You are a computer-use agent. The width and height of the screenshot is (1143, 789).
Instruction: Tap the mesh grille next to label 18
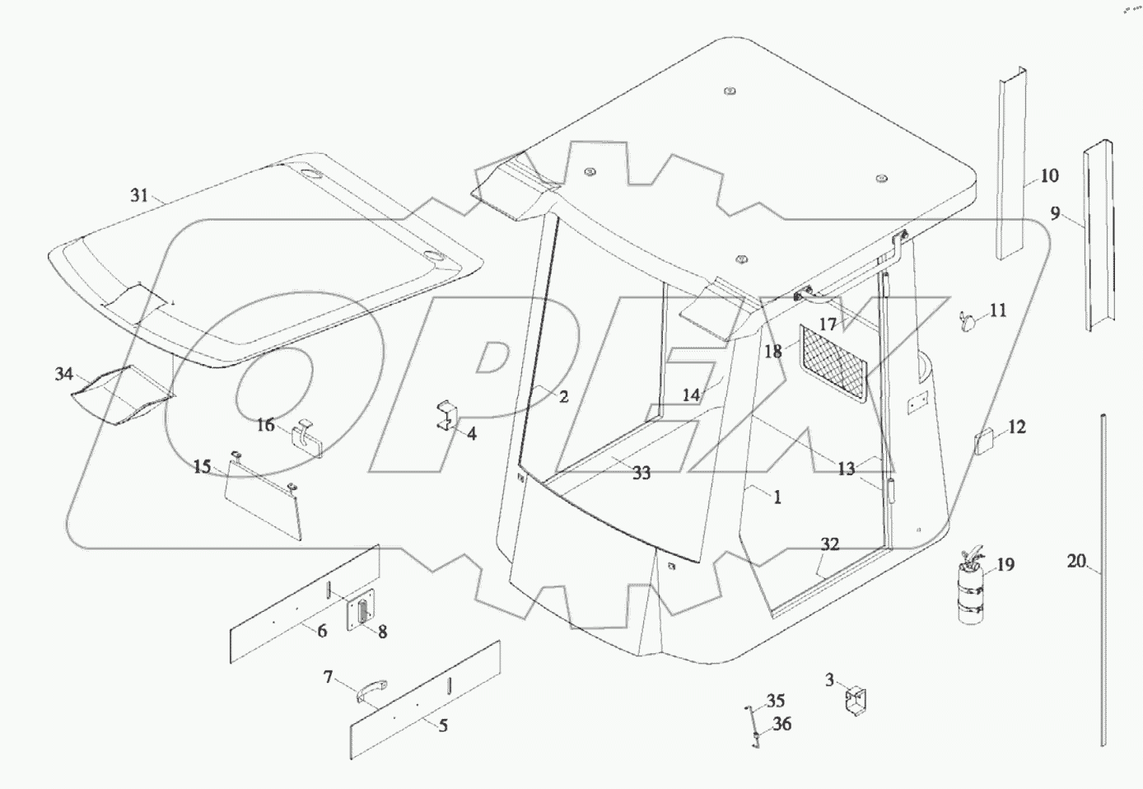coord(834,363)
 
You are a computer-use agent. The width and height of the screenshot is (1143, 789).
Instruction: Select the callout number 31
coord(139,195)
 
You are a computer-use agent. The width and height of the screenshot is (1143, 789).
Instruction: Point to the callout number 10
coord(1049,175)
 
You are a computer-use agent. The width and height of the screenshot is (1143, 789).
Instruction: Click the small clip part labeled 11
coord(967,320)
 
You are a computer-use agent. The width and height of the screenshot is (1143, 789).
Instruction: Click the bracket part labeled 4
coord(446,415)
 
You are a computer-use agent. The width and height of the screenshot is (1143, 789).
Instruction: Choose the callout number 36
coord(781,724)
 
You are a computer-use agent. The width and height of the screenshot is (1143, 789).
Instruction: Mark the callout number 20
coord(1076,562)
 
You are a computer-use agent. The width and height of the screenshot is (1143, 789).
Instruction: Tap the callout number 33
coord(641,473)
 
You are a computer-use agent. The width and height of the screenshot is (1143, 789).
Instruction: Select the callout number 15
coord(202,467)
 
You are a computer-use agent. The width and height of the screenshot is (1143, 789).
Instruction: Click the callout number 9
coord(1056,214)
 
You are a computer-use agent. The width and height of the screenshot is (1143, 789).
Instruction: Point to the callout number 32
coord(829,544)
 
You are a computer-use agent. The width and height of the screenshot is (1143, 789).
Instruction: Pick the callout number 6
coord(322,631)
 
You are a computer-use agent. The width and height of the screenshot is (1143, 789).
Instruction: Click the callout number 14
coord(691,395)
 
